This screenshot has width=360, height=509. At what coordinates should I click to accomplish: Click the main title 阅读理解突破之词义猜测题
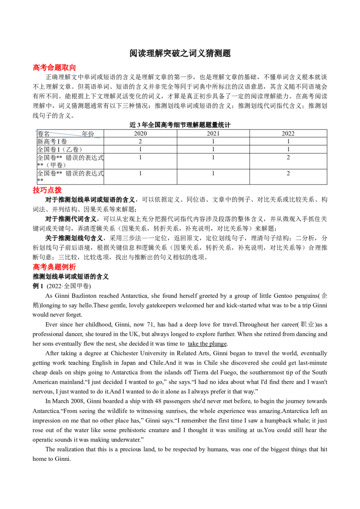click(180, 53)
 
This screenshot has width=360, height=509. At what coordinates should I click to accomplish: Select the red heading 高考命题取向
click(54, 67)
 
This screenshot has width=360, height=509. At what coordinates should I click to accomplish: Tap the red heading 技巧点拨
click(47, 190)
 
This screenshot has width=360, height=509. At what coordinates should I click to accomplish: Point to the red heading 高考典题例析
click(54, 267)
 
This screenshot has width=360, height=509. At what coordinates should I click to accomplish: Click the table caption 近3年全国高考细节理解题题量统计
click(180, 125)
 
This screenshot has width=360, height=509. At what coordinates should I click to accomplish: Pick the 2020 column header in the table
click(140, 134)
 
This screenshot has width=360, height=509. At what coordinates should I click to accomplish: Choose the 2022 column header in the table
click(288, 134)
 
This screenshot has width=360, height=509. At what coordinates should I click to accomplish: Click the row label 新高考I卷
click(52, 141)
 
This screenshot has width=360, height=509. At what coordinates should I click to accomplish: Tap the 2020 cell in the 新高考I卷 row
click(140, 141)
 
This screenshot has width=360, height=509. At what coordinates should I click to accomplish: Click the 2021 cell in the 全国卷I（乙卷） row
click(213, 149)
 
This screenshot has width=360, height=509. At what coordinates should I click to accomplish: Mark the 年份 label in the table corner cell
click(88, 134)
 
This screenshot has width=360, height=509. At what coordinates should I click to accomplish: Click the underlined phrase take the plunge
click(207, 344)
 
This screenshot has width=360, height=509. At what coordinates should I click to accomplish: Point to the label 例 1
click(38, 286)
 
